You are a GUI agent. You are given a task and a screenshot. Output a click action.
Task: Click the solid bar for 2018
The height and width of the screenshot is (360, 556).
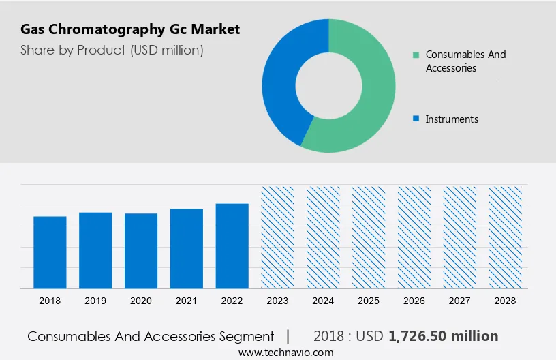(50, 252)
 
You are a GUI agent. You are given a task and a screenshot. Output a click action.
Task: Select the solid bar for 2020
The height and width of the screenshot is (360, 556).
(141, 251)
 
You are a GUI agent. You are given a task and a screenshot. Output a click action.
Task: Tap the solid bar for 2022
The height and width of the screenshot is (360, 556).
(232, 246)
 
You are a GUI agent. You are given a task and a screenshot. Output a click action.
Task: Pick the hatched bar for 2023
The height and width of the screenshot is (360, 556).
(278, 237)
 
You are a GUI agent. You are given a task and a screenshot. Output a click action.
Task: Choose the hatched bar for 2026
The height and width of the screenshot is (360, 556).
(414, 237)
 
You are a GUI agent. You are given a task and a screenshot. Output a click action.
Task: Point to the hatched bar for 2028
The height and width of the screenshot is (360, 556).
(506, 237)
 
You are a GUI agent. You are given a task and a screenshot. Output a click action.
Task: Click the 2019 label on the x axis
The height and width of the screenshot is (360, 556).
(95, 300)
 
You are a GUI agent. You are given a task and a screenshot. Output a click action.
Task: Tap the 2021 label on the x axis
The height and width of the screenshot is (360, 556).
(187, 300)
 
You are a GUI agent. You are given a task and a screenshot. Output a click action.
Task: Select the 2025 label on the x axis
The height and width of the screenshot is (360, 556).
(369, 300)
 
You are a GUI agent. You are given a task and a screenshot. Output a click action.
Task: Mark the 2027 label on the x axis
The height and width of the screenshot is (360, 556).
(460, 300)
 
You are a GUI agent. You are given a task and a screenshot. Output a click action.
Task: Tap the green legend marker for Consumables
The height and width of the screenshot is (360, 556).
(416, 55)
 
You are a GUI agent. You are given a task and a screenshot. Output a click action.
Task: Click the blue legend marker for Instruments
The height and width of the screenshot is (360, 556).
(416, 119)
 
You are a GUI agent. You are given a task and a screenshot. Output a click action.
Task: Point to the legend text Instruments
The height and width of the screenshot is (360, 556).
(452, 119)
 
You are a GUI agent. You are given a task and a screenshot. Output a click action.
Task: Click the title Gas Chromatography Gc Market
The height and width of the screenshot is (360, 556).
(130, 29)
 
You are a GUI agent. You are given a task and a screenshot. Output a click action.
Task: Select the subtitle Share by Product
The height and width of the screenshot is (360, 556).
(112, 50)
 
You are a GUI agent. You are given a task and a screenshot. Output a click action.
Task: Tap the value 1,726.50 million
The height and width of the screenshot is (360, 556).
(444, 336)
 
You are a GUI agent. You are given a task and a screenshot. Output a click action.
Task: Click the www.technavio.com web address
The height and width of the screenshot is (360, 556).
(285, 352)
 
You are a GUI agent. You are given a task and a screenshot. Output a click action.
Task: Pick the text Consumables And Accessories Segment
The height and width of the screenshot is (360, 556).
(151, 336)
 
